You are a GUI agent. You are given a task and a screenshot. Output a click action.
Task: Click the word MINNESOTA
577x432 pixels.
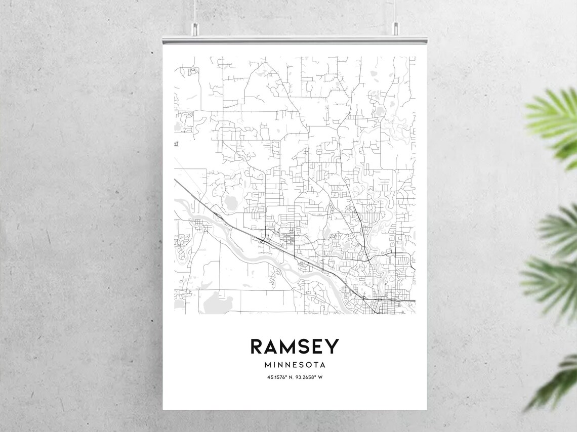coord(295,364)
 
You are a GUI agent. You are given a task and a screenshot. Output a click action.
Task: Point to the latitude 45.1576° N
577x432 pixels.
coord(281,377)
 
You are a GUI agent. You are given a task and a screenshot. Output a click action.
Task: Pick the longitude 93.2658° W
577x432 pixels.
coord(309,377)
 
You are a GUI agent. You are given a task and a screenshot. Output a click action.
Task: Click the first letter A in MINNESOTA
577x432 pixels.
coord(322,364)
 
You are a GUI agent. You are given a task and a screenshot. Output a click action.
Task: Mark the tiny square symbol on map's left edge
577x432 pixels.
coord(176,144)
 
